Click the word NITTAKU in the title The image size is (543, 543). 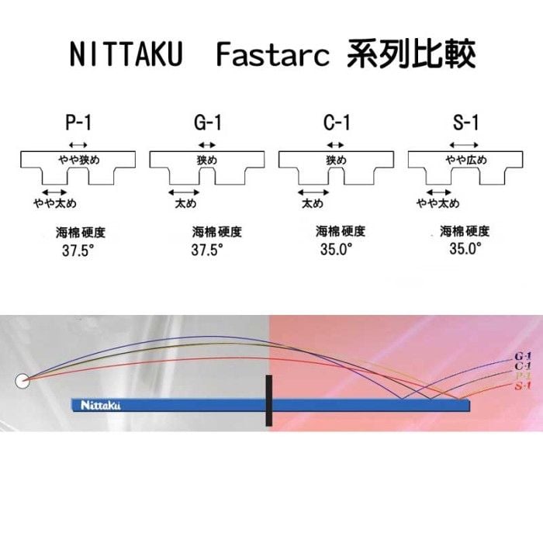(x=126, y=54)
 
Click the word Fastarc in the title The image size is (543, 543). (x=272, y=54)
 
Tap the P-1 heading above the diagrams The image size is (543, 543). (x=78, y=123)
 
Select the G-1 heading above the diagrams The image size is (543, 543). (x=207, y=123)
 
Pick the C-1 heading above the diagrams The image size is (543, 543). (x=337, y=123)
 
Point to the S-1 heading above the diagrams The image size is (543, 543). (x=465, y=123)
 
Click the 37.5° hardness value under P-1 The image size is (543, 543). (x=78, y=251)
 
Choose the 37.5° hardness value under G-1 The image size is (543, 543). (x=207, y=250)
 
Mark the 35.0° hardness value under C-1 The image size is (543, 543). (x=336, y=249)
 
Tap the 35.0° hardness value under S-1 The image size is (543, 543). (x=465, y=248)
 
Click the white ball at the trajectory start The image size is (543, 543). (x=22, y=381)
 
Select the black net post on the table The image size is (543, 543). (x=268, y=400)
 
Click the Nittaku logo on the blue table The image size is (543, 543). (x=100, y=405)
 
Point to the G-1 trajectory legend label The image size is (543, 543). (x=523, y=356)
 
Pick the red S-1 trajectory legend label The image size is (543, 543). (x=523, y=386)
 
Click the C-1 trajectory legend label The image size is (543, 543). (x=523, y=366)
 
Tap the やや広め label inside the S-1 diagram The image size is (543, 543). (x=465, y=160)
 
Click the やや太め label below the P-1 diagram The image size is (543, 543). (x=55, y=203)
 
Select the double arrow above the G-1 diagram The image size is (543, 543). (x=207, y=145)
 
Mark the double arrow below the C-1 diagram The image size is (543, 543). (x=313, y=192)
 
